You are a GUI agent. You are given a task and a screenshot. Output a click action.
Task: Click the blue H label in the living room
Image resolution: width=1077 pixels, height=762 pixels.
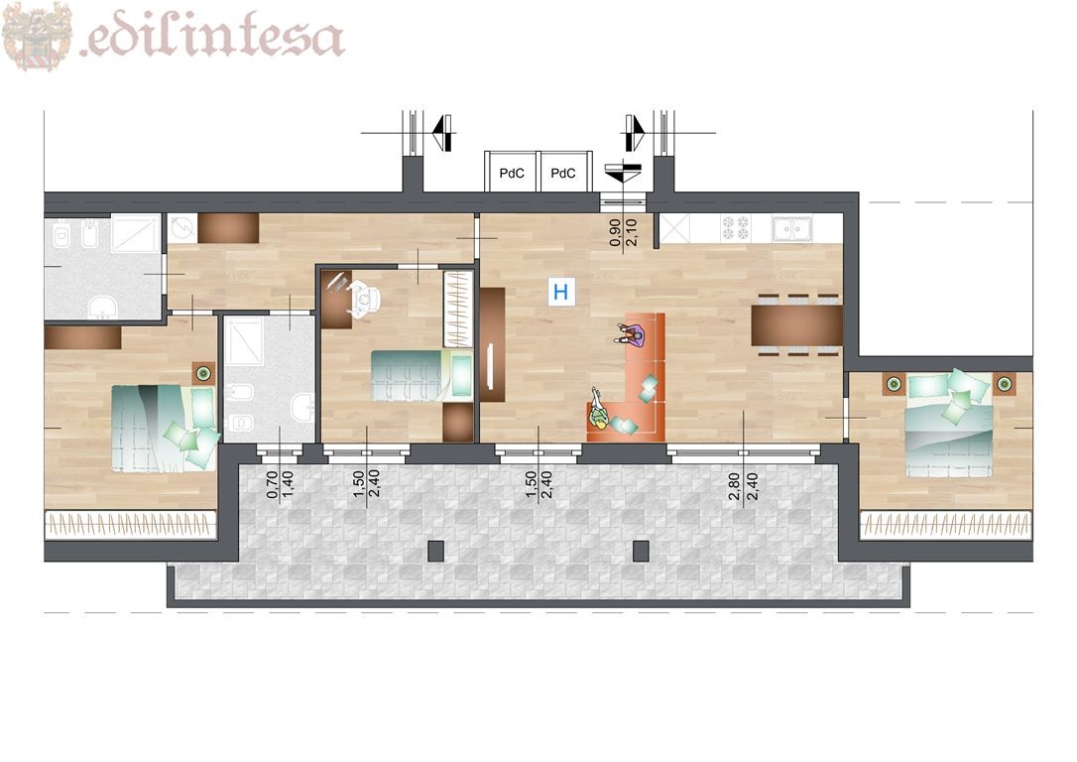(x=560, y=292)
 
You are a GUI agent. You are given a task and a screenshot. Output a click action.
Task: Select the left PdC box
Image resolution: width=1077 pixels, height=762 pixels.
(x=512, y=172)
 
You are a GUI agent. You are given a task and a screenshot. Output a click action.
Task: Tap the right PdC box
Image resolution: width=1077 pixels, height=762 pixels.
(x=564, y=172)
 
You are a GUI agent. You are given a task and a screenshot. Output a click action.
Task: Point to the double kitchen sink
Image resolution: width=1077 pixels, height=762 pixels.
(x=792, y=227)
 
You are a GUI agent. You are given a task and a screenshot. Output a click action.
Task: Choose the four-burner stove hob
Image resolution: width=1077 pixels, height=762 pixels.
(x=736, y=227)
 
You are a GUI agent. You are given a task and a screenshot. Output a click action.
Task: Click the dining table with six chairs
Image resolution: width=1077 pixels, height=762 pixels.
(x=796, y=325)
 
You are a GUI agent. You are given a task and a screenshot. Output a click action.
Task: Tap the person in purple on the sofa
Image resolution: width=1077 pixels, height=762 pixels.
(x=632, y=336)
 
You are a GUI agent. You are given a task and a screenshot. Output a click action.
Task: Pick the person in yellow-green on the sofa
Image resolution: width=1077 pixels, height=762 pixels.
(x=599, y=410)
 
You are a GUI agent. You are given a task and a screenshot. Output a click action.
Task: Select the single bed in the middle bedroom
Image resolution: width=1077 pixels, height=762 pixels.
(x=421, y=375)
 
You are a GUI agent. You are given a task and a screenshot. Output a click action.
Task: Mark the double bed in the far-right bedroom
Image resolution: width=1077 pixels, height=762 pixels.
(x=949, y=425)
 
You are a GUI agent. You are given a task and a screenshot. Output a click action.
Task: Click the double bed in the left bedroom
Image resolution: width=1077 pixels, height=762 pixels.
(x=165, y=428)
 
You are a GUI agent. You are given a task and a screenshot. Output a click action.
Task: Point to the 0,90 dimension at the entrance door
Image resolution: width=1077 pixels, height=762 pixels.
(x=616, y=232)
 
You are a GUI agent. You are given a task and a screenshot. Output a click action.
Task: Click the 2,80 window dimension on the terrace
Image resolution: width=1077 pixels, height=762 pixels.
(x=735, y=486)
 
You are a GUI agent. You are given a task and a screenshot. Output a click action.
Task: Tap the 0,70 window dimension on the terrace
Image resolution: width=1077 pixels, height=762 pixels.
(x=272, y=484)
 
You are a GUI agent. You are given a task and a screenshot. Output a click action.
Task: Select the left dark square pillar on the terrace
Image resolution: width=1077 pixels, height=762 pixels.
(x=435, y=551)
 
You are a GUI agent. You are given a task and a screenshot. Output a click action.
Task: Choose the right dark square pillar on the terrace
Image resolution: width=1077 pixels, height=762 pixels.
(x=641, y=551)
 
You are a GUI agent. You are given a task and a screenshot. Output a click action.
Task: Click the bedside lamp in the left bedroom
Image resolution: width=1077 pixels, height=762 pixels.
(x=203, y=373)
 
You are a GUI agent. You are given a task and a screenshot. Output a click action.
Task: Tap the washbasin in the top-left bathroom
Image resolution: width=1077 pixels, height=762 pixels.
(x=103, y=308)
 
